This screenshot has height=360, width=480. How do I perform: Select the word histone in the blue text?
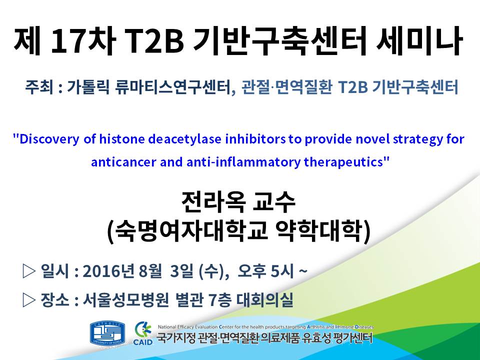[x=122, y=139]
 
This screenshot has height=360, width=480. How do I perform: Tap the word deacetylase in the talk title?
[x=185, y=139]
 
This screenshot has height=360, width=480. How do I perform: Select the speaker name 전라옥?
[x=213, y=202]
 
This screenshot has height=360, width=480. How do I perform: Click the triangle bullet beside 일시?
[x=29, y=270]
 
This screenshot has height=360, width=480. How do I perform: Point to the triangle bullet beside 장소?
[x=29, y=300]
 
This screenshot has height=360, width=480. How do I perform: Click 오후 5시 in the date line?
[x=265, y=271]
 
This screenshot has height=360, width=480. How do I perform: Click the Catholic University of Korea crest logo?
[x=107, y=333]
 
